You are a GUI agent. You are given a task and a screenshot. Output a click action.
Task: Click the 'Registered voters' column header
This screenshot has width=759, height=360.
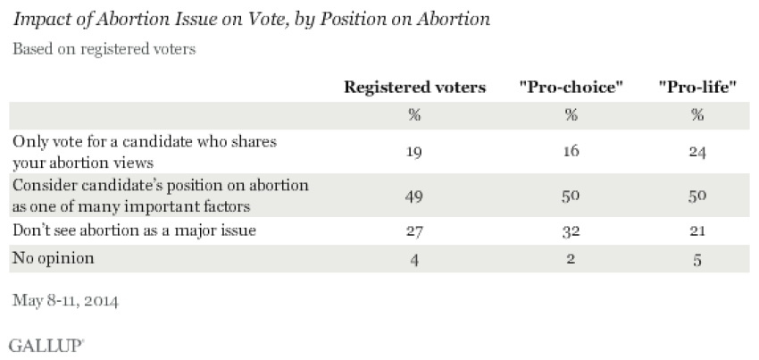click(415, 88)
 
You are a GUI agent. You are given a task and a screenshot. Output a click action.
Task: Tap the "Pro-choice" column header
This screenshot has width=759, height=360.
click(571, 88)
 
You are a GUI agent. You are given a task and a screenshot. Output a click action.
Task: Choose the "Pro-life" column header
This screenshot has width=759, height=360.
click(696, 88)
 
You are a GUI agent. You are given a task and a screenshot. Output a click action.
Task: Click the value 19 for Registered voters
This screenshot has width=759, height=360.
click(415, 152)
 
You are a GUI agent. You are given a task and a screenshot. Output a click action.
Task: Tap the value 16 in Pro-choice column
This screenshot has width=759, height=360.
click(571, 152)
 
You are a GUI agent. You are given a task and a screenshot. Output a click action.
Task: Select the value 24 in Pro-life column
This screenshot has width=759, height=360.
click(696, 152)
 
